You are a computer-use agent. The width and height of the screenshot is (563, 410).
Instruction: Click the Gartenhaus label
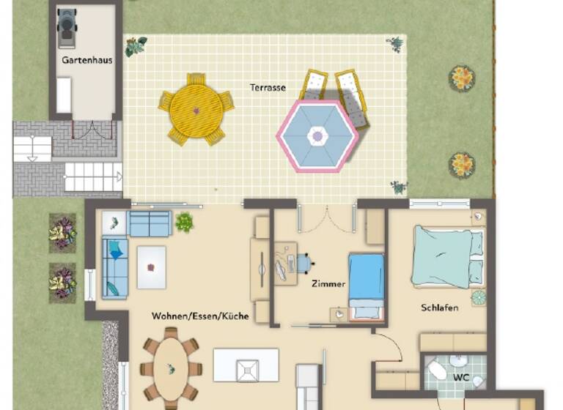coord(87,60)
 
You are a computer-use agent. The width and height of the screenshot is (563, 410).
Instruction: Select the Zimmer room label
coord(328,283)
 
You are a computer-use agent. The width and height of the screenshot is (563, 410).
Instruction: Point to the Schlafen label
coord(440,307)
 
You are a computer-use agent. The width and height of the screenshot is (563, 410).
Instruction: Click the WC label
coord(460,378)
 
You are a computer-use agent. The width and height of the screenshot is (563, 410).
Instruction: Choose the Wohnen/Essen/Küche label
coord(200,316)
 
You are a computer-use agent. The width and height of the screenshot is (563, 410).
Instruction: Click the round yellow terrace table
coord(196,111)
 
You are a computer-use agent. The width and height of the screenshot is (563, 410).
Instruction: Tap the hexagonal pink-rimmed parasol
coord(317,135)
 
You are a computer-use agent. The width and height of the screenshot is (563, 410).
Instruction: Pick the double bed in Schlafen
coord(447,256)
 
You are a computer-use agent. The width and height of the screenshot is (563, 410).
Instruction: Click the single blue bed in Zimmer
coord(367,286)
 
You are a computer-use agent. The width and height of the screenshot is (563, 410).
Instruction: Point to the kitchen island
coord(246,365)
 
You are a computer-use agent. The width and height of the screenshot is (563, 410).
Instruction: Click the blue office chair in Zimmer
coord(303,263)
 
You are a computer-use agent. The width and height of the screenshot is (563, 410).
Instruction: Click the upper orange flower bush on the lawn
coord(462,78)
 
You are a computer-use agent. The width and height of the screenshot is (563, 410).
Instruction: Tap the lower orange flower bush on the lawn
coord(462,165)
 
